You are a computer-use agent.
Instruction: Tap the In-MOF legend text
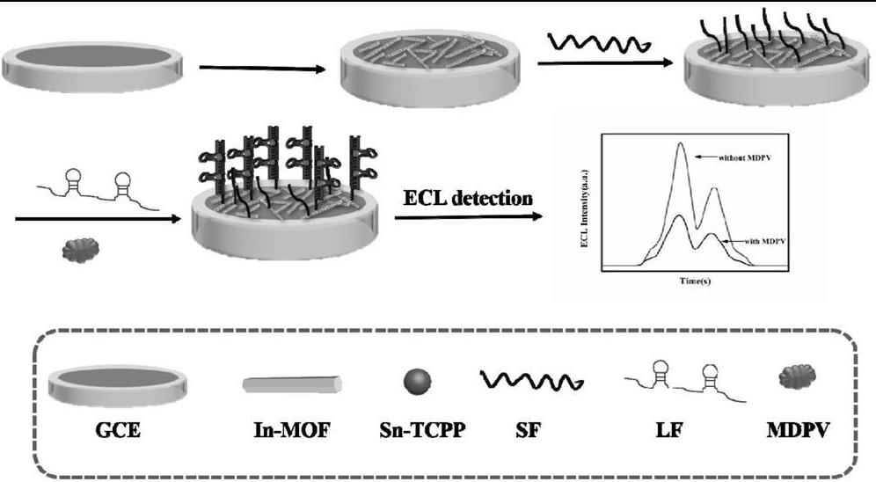(292, 432)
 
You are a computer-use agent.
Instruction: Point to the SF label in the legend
(527, 432)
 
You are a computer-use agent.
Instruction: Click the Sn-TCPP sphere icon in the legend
(416, 381)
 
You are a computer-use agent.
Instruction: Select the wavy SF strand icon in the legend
(528, 380)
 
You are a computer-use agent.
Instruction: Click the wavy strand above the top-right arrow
(598, 41)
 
